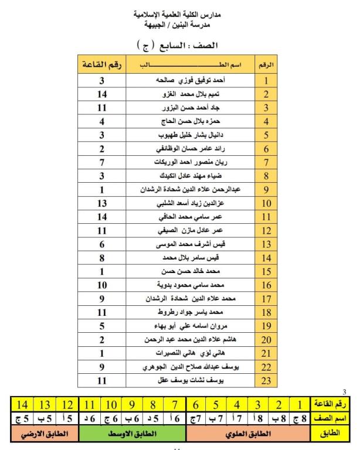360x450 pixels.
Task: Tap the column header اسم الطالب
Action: [x=191, y=65]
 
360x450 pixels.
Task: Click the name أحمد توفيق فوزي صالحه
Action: [x=191, y=81]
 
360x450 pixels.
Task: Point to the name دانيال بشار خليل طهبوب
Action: [x=191, y=135]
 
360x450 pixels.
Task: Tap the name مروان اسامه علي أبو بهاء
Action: [x=191, y=327]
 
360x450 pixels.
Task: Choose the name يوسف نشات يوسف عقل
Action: [x=191, y=381]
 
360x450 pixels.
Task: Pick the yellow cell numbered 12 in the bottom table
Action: [x=68, y=405]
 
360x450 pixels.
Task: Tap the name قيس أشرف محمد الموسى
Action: [x=191, y=245]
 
